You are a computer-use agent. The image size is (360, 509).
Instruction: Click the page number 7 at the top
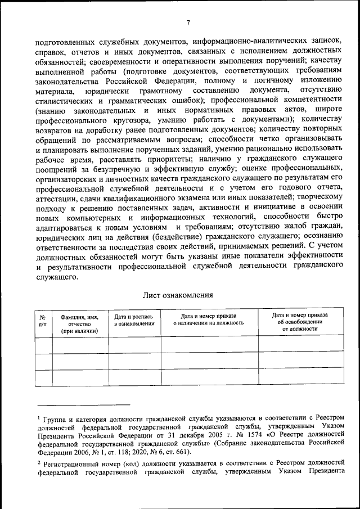point(189,22)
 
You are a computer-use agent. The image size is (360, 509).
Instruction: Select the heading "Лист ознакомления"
point(178,295)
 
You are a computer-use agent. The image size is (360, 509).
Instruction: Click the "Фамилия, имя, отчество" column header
point(79,324)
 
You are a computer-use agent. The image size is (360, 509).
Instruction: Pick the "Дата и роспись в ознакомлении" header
point(134,320)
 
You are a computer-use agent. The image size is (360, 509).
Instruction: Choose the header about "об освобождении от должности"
point(295,321)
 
